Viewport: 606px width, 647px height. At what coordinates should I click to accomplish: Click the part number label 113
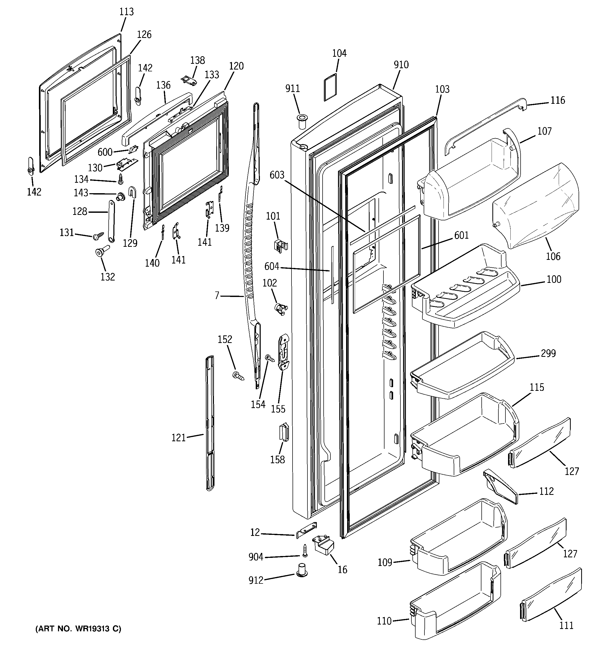coord(126,12)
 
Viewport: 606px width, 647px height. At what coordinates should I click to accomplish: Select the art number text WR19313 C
coord(78,629)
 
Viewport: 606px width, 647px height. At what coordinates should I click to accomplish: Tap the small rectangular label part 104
coord(330,88)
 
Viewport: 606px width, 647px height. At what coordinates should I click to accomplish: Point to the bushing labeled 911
coord(301,121)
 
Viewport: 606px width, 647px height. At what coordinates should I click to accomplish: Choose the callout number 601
coord(461,235)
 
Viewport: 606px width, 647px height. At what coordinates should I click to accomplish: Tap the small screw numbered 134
coord(121,178)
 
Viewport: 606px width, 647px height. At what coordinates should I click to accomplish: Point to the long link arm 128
coord(111,221)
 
